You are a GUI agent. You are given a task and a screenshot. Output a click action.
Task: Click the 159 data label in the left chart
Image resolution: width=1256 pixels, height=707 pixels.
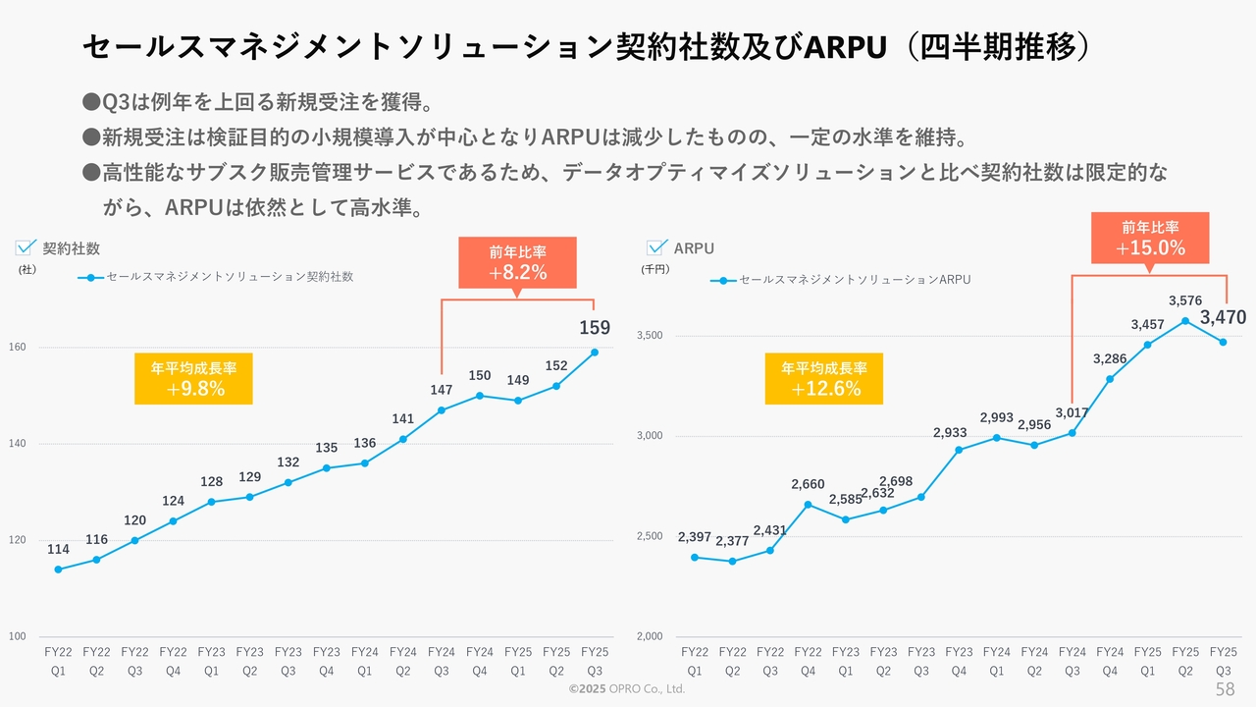[595, 328]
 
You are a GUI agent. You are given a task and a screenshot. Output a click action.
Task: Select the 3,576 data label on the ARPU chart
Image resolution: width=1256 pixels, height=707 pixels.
[1185, 300]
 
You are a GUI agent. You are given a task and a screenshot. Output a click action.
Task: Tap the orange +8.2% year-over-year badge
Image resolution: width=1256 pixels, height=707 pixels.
[517, 262]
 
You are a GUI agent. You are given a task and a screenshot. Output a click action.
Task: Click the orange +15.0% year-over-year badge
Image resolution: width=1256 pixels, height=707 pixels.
[1150, 239]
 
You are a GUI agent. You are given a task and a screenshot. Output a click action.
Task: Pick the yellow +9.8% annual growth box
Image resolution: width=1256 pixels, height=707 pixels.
[193, 379]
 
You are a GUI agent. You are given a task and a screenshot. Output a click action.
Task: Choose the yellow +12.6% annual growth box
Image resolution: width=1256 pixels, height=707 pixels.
[824, 379]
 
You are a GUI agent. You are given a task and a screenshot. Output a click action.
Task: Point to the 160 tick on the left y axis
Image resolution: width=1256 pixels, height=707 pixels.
[19, 348]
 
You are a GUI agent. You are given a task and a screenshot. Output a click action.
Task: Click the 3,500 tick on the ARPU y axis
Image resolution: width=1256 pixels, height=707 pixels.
[650, 336]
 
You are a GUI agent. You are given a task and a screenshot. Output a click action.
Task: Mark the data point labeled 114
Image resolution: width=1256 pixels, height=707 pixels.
[58, 570]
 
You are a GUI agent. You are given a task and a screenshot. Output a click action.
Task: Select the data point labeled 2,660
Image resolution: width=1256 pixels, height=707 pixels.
[808, 505]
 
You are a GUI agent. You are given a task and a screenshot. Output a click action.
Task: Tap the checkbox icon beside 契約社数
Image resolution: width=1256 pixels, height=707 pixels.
[26, 247]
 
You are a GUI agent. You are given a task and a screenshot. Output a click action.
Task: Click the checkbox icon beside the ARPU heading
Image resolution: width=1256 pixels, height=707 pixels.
[656, 247]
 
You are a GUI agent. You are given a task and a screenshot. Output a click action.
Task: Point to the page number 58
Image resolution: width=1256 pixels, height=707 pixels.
[1225, 688]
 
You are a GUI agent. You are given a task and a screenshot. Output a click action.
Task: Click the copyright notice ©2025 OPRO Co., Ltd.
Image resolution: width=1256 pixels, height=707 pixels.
[627, 689]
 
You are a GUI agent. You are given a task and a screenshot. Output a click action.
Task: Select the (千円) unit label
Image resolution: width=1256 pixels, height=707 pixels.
[654, 269]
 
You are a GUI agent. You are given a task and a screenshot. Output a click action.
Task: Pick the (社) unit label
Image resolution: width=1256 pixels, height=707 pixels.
[26, 269]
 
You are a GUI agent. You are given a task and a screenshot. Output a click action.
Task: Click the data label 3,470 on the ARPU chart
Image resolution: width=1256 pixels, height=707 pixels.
[1223, 317]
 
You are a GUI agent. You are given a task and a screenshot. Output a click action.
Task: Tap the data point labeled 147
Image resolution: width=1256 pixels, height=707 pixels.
[442, 410]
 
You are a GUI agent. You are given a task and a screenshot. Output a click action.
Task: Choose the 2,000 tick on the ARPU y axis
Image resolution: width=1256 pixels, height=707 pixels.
[650, 636]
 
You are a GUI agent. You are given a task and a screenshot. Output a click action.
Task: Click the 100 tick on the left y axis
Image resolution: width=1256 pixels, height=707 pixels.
[19, 636]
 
